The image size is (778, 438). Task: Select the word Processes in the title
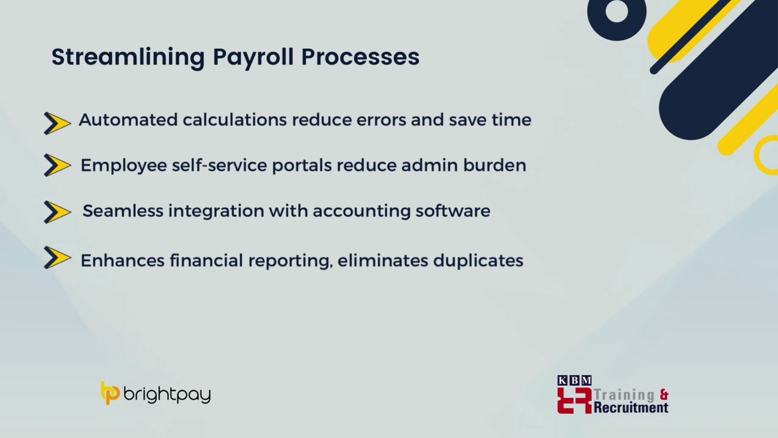(x=360, y=57)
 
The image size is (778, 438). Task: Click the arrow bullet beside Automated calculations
(x=58, y=123)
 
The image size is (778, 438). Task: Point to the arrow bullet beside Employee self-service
(x=58, y=165)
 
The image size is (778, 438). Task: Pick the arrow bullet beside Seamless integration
(x=58, y=212)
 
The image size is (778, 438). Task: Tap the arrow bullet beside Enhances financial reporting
(x=58, y=258)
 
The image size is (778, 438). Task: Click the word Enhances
(x=122, y=260)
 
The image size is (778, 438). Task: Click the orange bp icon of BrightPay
(x=110, y=393)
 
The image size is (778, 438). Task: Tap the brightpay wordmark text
(x=167, y=395)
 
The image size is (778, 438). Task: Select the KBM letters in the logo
(x=574, y=380)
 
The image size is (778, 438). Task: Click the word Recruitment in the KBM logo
(x=630, y=408)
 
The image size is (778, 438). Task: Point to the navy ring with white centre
(x=616, y=13)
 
